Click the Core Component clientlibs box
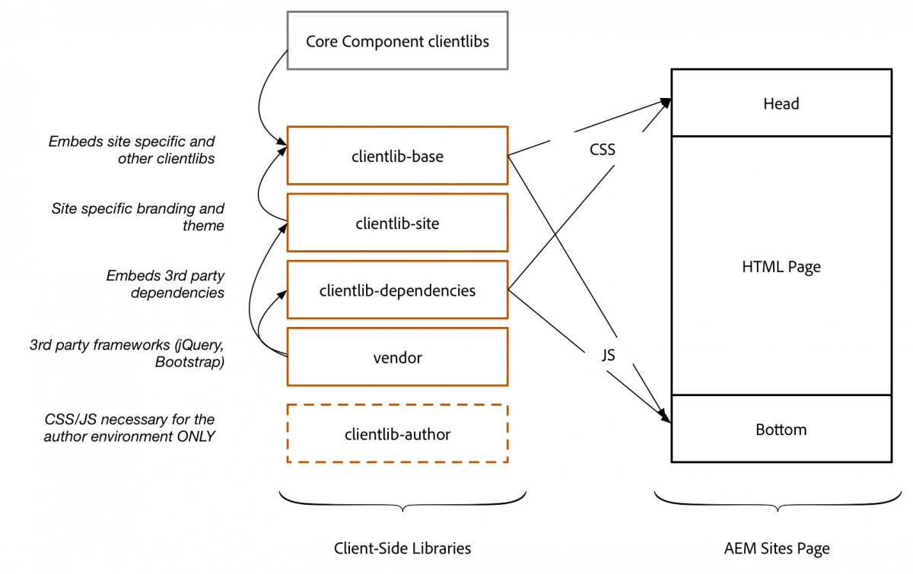(397, 41)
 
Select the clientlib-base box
(397, 157)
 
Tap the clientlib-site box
(397, 224)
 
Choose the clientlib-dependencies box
(397, 290)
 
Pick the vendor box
(397, 357)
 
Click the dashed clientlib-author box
(397, 434)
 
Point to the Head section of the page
(781, 103)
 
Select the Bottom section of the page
(781, 430)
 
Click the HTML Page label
(781, 267)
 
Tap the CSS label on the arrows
(603, 150)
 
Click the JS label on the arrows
(607, 354)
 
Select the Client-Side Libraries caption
(402, 548)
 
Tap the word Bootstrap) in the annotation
(189, 362)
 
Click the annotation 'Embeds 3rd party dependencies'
(165, 284)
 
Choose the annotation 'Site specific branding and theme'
(138, 217)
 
